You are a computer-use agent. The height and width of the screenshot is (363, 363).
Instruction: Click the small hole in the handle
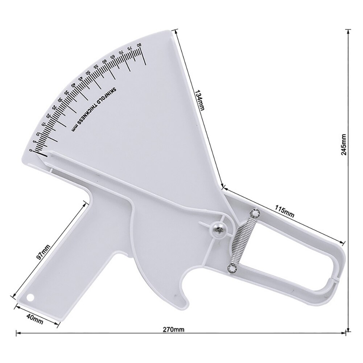pos(30,297)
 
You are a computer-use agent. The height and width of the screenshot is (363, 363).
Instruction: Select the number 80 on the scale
pos(139,45)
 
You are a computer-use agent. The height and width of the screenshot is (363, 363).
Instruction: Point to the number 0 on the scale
pos(31,149)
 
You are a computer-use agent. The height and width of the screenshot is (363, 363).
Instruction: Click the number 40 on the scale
pos(74,85)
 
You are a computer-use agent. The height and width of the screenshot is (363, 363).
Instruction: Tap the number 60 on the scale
pos(105,62)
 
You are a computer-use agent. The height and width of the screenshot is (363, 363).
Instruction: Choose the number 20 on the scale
pos(49,116)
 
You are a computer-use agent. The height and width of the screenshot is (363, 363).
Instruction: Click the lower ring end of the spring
pos(231,268)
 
